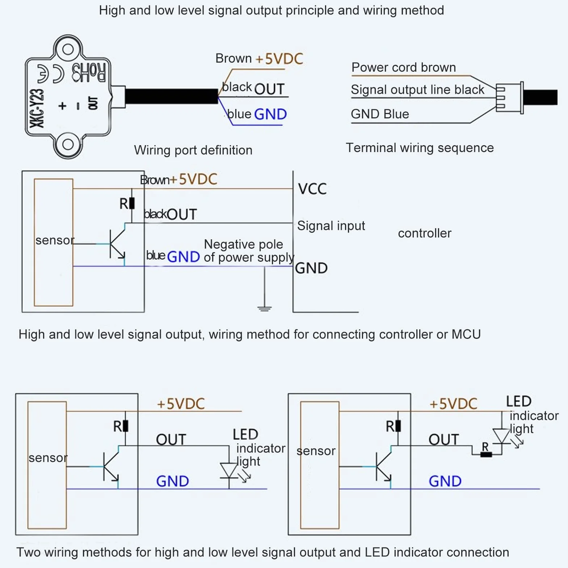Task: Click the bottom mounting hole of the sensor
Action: click(68, 144)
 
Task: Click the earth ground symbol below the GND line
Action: click(265, 308)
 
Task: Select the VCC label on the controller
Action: click(312, 189)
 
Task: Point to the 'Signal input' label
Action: click(331, 226)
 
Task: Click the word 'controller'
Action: click(425, 233)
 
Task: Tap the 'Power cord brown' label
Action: click(404, 67)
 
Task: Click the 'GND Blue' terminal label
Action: click(380, 114)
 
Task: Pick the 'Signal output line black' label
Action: click(417, 89)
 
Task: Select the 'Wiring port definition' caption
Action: click(193, 150)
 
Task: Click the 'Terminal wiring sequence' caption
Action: click(420, 148)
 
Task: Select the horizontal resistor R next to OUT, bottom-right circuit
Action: click(486, 455)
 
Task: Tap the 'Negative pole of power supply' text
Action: click(249, 251)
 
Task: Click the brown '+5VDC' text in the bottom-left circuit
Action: click(181, 404)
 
